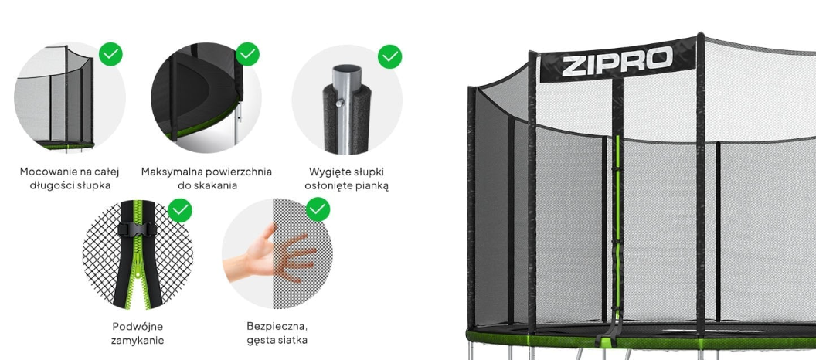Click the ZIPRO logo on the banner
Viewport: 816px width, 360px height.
(617, 61)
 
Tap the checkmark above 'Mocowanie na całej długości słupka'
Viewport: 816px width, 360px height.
(110, 53)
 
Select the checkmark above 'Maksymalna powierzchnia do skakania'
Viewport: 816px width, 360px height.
(248, 53)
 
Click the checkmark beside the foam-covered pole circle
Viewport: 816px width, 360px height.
(389, 56)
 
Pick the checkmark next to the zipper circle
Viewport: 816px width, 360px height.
(180, 210)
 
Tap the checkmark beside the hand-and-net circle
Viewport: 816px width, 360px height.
(318, 209)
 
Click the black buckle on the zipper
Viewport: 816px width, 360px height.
(138, 229)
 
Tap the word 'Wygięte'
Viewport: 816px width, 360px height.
(328, 172)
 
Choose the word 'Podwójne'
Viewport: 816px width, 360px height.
(138, 327)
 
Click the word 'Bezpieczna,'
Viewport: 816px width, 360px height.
(277, 327)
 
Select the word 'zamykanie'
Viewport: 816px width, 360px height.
(138, 341)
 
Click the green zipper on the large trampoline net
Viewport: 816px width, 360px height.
(617, 224)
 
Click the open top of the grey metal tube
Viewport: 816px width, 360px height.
(347, 70)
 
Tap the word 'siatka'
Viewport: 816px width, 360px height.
(291, 340)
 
